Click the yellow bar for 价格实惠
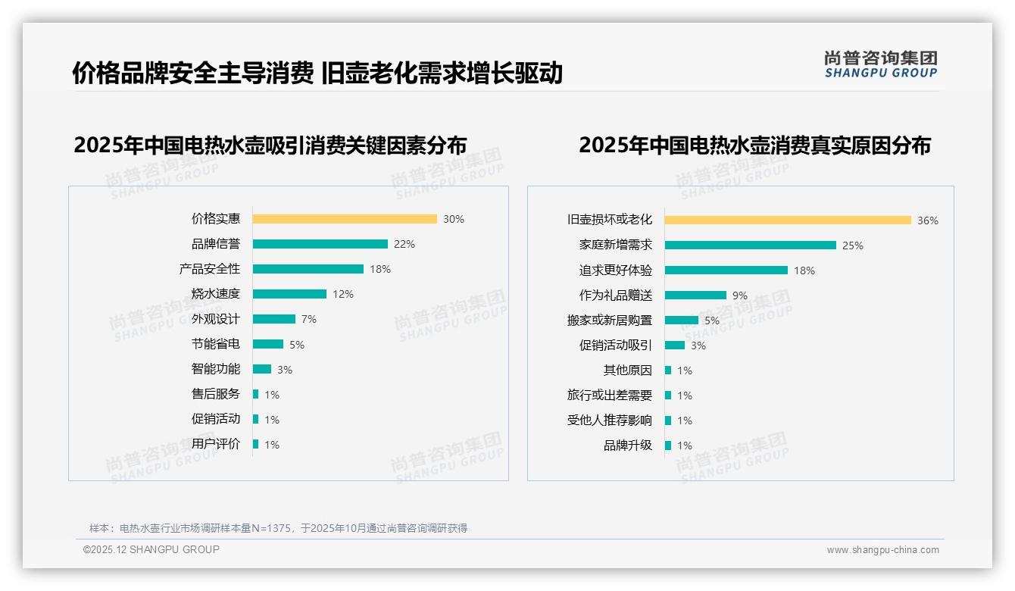pyautogui.click(x=345, y=219)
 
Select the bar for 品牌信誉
pyautogui.click(x=320, y=244)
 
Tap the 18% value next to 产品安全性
pyautogui.click(x=380, y=269)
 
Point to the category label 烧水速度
pyautogui.click(x=216, y=294)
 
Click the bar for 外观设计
pyautogui.click(x=274, y=319)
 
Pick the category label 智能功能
pyautogui.click(x=216, y=369)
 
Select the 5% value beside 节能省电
pyautogui.click(x=297, y=345)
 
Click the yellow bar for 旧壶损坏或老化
pyautogui.click(x=788, y=220)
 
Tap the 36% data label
pyautogui.click(x=927, y=220)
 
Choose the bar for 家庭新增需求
pyautogui.click(x=751, y=245)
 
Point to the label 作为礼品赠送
pyautogui.click(x=616, y=295)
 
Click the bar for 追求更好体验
pyautogui.click(x=726, y=270)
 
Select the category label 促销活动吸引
pyautogui.click(x=616, y=346)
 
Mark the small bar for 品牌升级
pyautogui.click(x=668, y=446)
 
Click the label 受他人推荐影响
pyautogui.click(x=610, y=421)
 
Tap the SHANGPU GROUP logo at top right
pyautogui.click(x=880, y=64)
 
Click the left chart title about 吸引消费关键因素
pyautogui.click(x=270, y=145)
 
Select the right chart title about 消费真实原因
pyautogui.click(x=754, y=145)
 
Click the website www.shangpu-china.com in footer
pyautogui.click(x=882, y=550)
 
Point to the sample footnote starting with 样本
pyautogui.click(x=278, y=528)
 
